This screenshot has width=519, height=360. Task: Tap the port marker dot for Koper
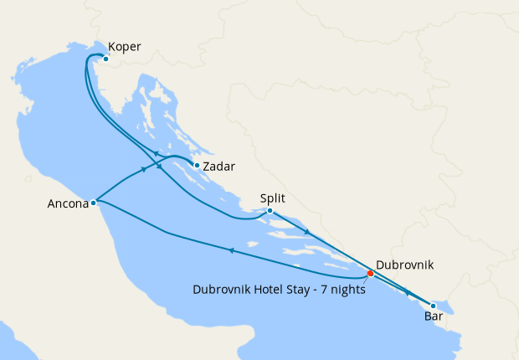pos(105,59)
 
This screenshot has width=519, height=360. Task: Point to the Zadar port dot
pos(197,165)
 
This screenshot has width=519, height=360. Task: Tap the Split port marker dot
pos(270,211)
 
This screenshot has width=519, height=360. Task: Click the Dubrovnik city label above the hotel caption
pos(405,264)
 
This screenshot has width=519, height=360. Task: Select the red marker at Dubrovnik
pos(370,273)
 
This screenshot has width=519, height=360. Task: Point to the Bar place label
pos(434,317)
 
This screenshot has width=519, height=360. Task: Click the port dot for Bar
pos(433,306)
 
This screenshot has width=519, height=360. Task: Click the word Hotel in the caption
pos(270,291)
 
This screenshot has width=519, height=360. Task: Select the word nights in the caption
pos(351,291)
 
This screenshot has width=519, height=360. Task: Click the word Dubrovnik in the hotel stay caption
pos(222,291)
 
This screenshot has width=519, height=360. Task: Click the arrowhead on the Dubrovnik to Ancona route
pos(230,249)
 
